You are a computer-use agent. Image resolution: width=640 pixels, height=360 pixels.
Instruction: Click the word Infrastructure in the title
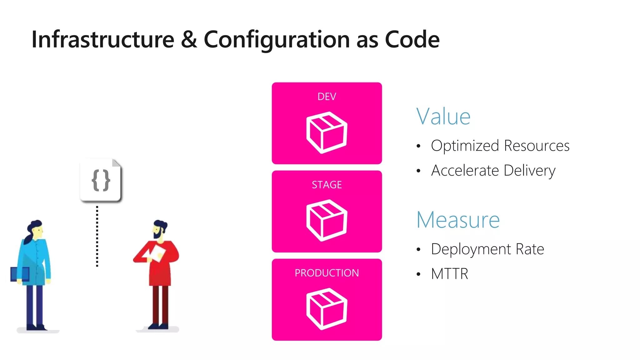[x=103, y=39]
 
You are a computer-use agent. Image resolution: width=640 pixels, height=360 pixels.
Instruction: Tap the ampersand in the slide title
[x=189, y=39]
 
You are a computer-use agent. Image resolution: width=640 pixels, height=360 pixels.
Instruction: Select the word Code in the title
[x=412, y=39]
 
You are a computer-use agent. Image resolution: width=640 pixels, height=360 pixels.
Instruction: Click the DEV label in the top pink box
[x=327, y=97]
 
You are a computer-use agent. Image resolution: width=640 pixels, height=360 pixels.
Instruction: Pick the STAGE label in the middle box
[x=327, y=185]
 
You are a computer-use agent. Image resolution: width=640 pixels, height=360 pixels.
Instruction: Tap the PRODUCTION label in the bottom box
[x=327, y=273]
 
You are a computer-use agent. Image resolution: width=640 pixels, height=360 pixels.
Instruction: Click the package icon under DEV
[x=327, y=132]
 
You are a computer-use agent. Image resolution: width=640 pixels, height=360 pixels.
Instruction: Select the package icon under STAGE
[x=327, y=220]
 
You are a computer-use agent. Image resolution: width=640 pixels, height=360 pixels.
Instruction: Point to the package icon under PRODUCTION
[x=327, y=309]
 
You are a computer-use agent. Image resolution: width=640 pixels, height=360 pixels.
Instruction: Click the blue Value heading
[x=443, y=117]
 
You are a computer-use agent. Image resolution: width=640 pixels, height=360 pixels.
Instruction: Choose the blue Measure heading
[x=458, y=220]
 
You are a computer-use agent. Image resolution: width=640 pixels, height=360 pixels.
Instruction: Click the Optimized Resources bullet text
[x=500, y=146]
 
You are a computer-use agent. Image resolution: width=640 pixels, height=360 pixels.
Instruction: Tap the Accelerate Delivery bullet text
[x=493, y=171]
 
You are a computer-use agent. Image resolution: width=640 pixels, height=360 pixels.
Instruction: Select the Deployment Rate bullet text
[x=487, y=249]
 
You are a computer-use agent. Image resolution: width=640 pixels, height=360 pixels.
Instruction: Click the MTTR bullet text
[x=449, y=274]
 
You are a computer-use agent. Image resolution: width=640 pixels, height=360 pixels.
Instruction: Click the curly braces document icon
[x=101, y=180]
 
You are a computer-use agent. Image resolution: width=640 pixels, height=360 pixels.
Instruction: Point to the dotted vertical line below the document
[x=97, y=236]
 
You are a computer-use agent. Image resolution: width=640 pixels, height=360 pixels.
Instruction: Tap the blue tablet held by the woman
[x=19, y=274]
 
